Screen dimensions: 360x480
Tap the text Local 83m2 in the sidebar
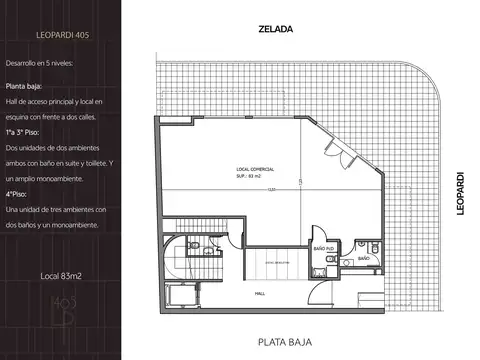pyautogui.click(x=60, y=274)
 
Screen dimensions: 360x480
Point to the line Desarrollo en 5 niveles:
pyautogui.click(x=52, y=63)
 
